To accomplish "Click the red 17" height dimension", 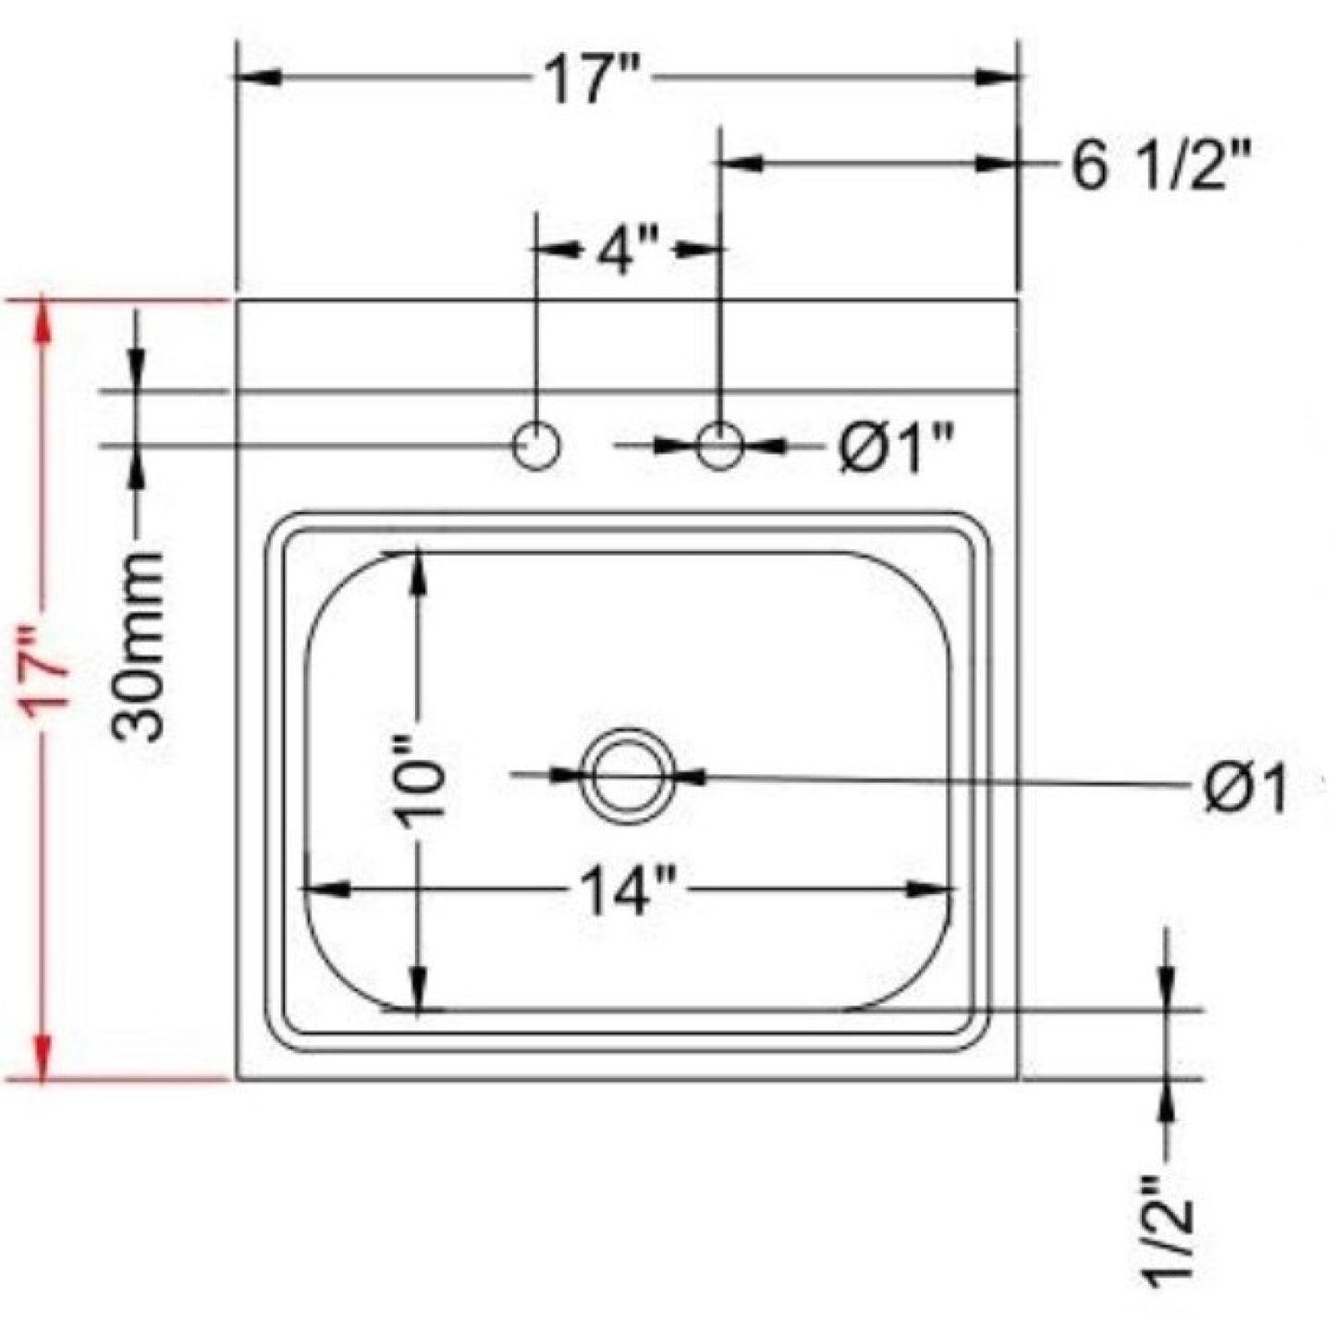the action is (47, 667).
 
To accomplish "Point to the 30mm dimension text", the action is (141, 644).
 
